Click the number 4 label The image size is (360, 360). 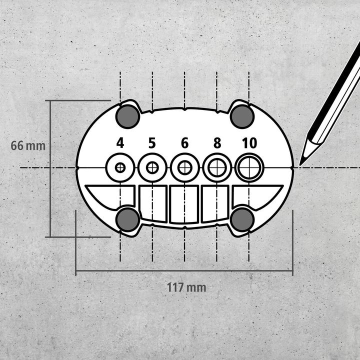pyautogui.click(x=120, y=143)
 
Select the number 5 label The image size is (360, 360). pyautogui.click(x=152, y=143)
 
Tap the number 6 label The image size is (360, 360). pyautogui.click(x=184, y=143)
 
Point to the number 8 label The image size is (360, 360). pyautogui.click(x=216, y=143)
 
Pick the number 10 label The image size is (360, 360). pyautogui.click(x=248, y=143)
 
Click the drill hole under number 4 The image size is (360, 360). pyautogui.click(x=120, y=167)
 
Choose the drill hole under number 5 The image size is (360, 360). pyautogui.click(x=152, y=167)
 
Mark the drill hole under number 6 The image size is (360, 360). pyautogui.click(x=184, y=167)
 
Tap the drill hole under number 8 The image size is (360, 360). pyautogui.click(x=216, y=167)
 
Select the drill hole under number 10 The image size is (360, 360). pyautogui.click(x=248, y=167)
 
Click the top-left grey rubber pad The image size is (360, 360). pyautogui.click(x=127, y=116)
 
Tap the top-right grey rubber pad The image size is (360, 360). pyautogui.click(x=242, y=116)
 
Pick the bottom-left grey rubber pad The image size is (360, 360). pyautogui.click(x=127, y=219)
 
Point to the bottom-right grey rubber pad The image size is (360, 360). pyautogui.click(x=242, y=219)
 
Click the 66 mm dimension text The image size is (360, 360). pyautogui.click(x=28, y=146)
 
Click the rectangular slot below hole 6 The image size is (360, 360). pyautogui.click(x=184, y=204)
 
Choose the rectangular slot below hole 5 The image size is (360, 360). pyautogui.click(x=152, y=203)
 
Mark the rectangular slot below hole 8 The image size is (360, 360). pyautogui.click(x=215, y=203)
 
